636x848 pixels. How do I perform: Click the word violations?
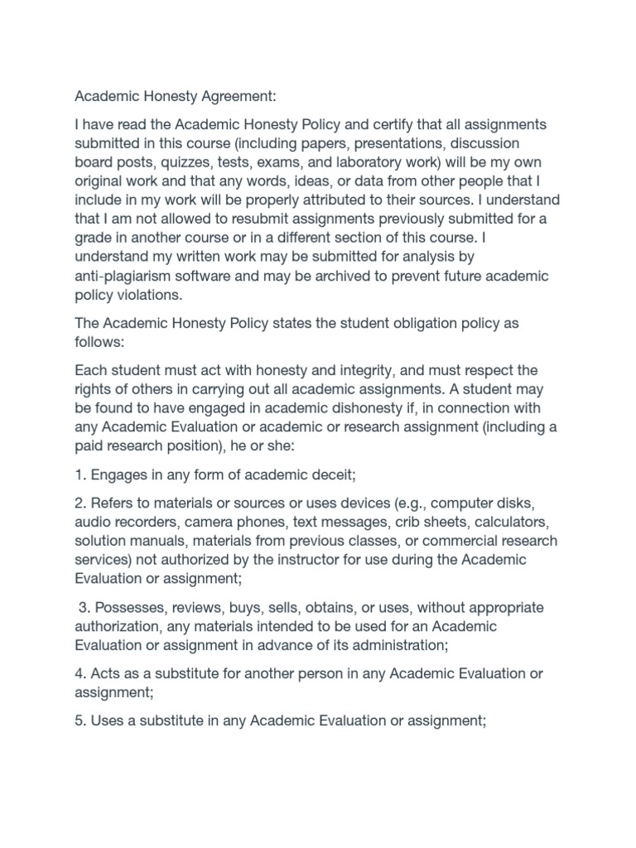tap(148, 295)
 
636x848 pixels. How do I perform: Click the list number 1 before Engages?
tap(79, 475)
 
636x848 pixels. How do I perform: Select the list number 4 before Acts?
tap(79, 674)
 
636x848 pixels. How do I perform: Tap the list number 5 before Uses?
tap(79, 721)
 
